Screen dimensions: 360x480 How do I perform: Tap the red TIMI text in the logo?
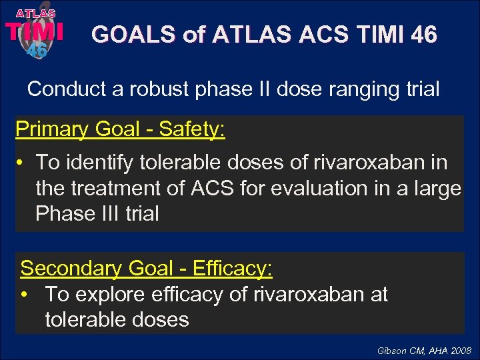[x=35, y=31]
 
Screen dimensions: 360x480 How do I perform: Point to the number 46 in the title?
[x=424, y=34]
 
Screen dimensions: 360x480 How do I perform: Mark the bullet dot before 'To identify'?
[x=23, y=163]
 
